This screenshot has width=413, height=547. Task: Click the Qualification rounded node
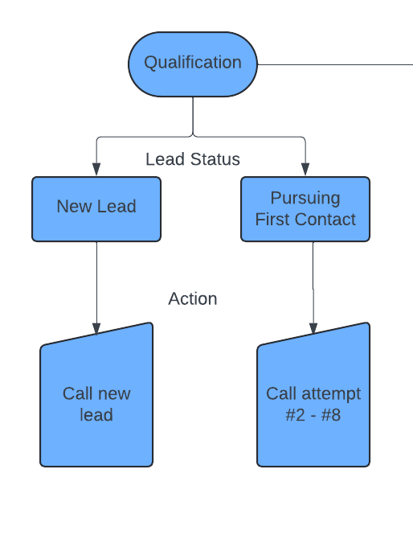tap(193, 64)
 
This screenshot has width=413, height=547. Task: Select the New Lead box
tap(96, 209)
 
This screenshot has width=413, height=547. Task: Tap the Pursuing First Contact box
tap(305, 209)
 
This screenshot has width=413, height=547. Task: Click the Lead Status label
tap(193, 159)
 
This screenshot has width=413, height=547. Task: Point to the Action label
tap(193, 298)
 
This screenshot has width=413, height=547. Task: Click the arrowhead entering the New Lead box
tap(96, 169)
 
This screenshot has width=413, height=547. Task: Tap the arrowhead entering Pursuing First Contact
tap(305, 169)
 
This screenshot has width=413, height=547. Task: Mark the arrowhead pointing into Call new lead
tap(96, 329)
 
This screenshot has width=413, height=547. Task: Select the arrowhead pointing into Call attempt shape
tap(313, 329)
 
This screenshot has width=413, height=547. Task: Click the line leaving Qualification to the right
tap(335, 64)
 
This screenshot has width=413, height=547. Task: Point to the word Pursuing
tap(305, 198)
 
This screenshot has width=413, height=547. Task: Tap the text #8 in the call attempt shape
tap(331, 415)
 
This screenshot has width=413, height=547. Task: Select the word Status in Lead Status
tap(215, 159)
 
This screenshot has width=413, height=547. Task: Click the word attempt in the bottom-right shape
tap(331, 394)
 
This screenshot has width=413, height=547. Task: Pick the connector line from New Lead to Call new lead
tap(96, 282)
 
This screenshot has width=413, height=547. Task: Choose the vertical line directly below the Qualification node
tap(193, 116)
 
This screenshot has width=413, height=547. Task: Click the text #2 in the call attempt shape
tap(295, 415)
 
